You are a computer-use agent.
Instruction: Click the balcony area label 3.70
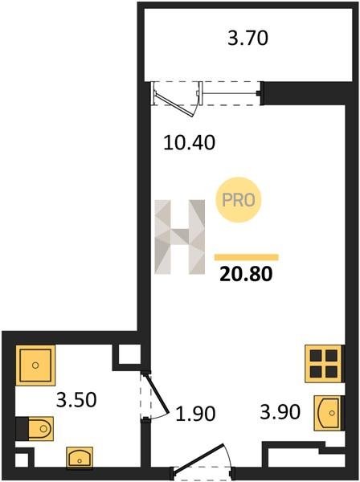(247, 39)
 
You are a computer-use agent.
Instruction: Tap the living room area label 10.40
(189, 143)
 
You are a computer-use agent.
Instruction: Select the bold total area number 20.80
(246, 274)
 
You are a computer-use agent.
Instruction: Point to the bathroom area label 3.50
(76, 399)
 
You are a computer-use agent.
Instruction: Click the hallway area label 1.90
(195, 414)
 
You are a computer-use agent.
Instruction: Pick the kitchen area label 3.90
(280, 412)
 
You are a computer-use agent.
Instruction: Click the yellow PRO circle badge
(239, 200)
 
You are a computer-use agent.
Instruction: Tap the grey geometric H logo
(179, 237)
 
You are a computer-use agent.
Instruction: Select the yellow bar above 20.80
(247, 257)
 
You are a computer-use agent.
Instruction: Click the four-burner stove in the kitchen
(323, 364)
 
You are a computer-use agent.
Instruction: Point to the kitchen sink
(328, 413)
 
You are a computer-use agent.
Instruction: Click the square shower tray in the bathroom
(35, 366)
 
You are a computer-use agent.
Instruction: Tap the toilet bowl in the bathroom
(41, 428)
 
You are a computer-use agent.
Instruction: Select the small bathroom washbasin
(80, 458)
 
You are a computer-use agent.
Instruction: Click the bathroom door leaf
(157, 393)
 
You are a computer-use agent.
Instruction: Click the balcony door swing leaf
(174, 105)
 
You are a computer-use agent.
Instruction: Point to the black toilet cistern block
(22, 428)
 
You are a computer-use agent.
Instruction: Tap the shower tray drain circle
(35, 366)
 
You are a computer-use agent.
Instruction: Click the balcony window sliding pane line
(230, 93)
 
